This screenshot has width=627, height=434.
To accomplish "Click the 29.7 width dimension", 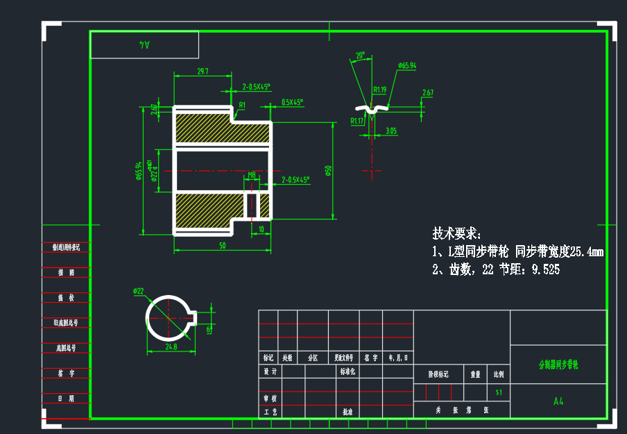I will (203, 71).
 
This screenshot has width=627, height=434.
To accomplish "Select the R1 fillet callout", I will (242, 106).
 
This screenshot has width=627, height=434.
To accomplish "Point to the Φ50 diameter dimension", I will (328, 170).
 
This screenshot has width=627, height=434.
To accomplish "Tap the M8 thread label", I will (252, 175).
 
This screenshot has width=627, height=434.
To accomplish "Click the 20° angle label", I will (359, 55).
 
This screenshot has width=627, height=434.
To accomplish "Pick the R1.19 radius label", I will (379, 90).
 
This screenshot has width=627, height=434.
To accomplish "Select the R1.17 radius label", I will (357, 121).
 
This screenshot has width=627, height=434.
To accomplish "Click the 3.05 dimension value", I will (391, 130).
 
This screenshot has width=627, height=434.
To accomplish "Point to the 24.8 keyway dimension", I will (171, 346).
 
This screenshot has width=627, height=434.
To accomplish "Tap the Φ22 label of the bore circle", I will (138, 291).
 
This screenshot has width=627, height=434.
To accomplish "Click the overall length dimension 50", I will (222, 246).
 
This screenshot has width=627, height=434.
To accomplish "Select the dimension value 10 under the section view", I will (261, 228).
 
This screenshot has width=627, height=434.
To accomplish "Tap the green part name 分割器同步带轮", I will (558, 364).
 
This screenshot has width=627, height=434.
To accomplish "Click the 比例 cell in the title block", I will (499, 374).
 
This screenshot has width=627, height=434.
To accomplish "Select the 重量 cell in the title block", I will (475, 374).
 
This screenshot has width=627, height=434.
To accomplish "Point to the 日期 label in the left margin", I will (67, 399).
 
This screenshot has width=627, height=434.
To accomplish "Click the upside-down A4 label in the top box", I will (144, 44).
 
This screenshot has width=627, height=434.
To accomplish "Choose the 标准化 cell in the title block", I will (347, 372).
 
